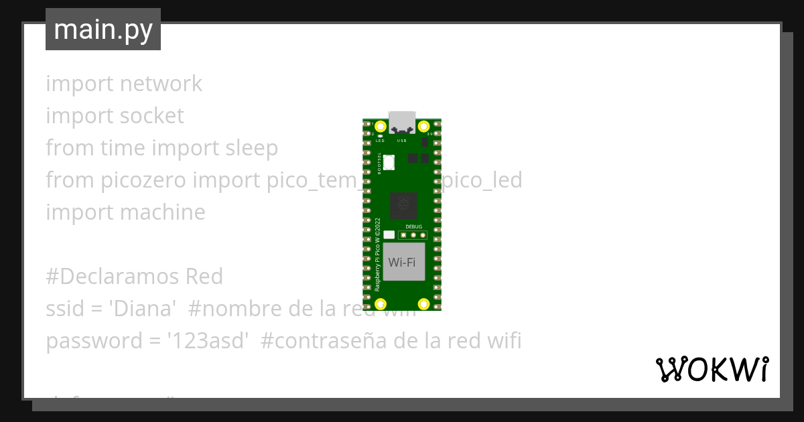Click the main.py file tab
103,29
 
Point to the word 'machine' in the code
162,212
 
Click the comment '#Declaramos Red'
134,277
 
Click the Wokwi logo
712,369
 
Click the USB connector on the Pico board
402,121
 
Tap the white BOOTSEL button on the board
389,161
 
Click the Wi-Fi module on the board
402,262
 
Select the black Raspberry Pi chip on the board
403,204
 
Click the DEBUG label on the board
414,227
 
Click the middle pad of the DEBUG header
414,235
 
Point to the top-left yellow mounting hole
381,127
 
